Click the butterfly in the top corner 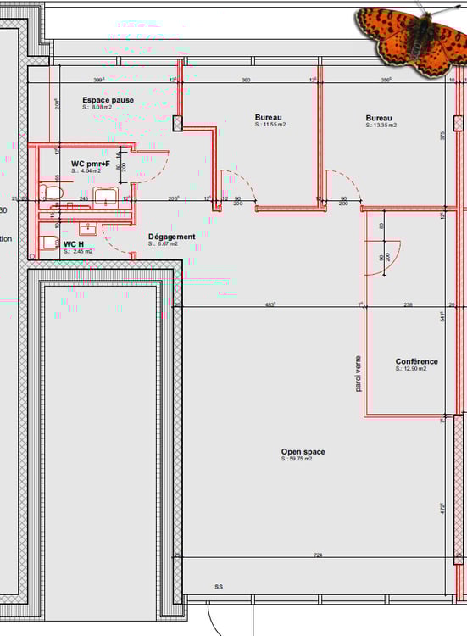(411, 38)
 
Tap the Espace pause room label (108, 100)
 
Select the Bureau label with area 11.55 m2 (269, 118)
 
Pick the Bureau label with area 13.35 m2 (379, 118)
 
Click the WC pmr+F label (91, 164)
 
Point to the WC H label (74, 243)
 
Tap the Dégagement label (171, 237)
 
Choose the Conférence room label (416, 362)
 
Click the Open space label (303, 452)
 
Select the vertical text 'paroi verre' (358, 373)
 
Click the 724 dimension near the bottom (318, 555)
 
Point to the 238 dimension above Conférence (408, 304)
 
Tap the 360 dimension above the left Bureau (246, 81)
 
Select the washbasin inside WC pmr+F (106, 196)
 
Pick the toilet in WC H (50, 243)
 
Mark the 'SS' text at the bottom (218, 587)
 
